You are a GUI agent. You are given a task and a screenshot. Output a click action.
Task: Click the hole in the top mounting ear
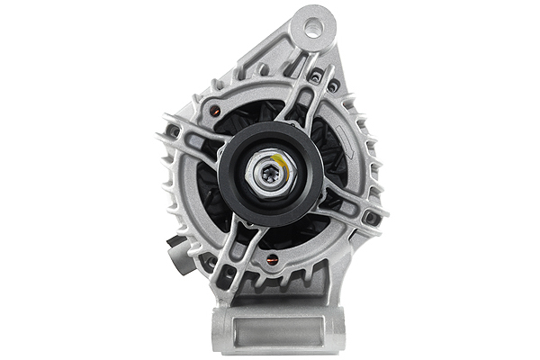(313, 28)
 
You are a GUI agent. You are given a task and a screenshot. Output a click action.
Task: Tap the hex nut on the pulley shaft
(271, 174)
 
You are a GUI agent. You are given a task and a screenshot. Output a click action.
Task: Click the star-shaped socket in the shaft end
(269, 175)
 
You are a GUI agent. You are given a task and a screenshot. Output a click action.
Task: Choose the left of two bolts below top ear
(315, 78)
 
